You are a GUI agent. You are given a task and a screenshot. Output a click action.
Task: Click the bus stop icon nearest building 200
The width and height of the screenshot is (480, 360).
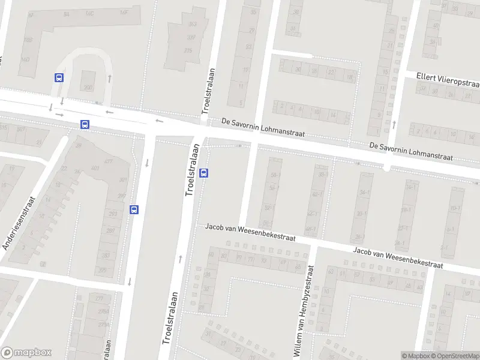59,77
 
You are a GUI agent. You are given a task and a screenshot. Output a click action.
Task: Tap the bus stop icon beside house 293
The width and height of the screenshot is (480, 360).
134,209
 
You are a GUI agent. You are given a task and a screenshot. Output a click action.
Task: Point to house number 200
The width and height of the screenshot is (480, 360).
89,88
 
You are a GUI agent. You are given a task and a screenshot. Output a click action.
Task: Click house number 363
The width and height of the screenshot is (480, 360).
193,24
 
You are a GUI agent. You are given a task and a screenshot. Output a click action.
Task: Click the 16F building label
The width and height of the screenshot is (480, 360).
124,12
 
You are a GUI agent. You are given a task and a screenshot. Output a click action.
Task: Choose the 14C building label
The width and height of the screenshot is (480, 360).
90,13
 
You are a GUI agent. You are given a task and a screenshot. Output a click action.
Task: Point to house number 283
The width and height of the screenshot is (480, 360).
105,256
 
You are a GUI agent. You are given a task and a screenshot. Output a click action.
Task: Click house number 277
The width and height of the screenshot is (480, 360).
99,298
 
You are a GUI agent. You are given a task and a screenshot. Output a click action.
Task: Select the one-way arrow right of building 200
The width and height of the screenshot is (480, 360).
110,78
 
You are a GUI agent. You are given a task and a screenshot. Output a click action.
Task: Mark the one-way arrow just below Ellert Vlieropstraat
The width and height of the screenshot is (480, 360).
394,125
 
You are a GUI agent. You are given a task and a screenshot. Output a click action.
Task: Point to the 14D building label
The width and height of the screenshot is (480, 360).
26,59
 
